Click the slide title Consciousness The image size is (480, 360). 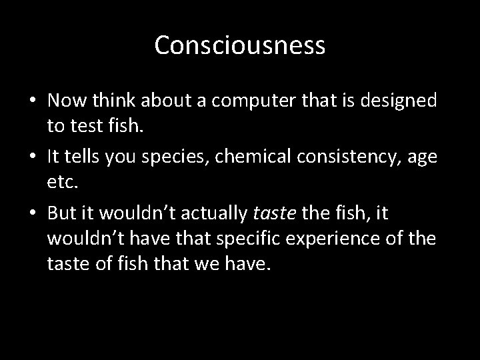point(240,45)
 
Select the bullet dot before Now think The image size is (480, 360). point(33,102)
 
